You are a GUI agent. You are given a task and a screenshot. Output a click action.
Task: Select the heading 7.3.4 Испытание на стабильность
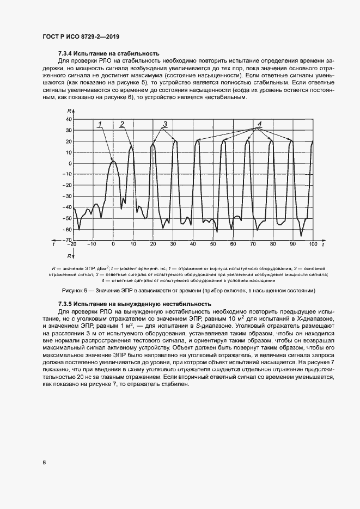108,53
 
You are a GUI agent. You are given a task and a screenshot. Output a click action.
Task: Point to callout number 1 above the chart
101,125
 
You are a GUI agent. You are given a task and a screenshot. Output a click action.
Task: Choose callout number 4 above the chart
260,124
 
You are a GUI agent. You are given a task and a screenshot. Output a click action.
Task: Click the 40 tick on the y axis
69,119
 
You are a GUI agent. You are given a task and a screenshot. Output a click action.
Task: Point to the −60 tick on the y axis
68,230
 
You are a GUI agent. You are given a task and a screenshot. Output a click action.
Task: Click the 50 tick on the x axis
213,244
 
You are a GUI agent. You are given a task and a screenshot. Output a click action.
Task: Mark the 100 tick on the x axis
313,244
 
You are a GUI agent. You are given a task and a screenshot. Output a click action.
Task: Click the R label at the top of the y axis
69,111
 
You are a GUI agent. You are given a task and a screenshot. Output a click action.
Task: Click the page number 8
44,463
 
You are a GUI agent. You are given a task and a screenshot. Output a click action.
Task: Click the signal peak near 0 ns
113,161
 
